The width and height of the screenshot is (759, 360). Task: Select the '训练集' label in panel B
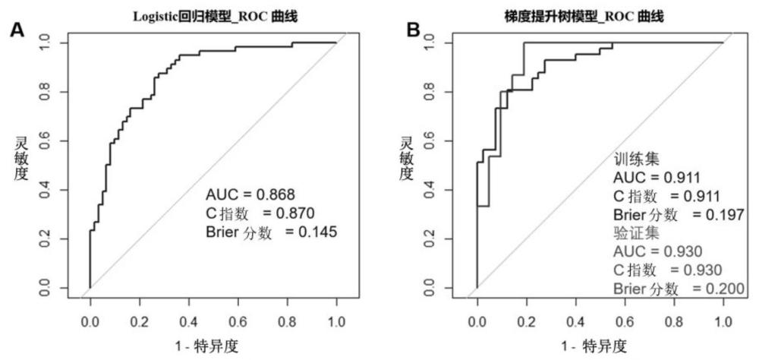(636, 159)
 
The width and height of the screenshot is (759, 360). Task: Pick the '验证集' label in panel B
(636, 232)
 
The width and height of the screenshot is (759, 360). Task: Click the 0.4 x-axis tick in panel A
(188, 320)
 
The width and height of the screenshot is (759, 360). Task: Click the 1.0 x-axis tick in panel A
(336, 320)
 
